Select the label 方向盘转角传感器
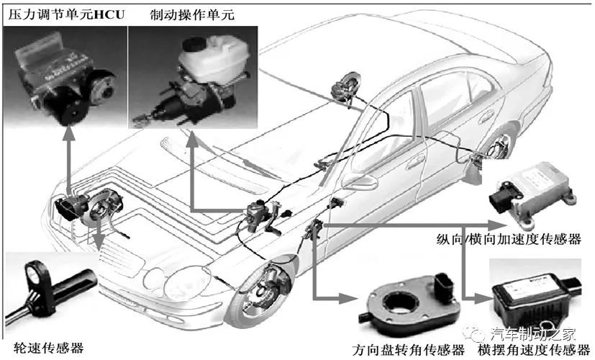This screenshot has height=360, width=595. (409, 350)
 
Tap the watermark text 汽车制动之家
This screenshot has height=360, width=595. (532, 333)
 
